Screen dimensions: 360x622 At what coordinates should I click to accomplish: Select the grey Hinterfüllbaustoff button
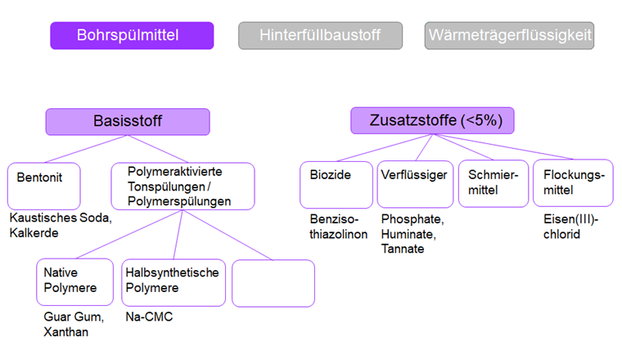[320, 35]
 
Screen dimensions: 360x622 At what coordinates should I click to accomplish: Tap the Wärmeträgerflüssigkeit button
[509, 35]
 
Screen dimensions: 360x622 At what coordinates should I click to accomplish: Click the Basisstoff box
[127, 121]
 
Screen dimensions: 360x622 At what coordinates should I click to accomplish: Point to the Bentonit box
[43, 186]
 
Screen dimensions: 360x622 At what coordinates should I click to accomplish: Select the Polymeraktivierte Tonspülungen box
[183, 186]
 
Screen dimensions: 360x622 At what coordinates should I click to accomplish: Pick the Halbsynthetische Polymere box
[173, 281]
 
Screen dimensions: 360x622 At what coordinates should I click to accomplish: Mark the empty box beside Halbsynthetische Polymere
[273, 282]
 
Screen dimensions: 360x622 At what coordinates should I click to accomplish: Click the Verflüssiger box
[415, 183]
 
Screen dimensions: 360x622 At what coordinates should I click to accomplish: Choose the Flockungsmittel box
[573, 182]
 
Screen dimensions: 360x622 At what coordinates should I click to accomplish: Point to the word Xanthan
[66, 332]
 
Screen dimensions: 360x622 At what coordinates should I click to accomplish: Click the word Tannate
[403, 249]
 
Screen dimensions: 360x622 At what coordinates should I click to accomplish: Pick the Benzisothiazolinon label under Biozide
[338, 227]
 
